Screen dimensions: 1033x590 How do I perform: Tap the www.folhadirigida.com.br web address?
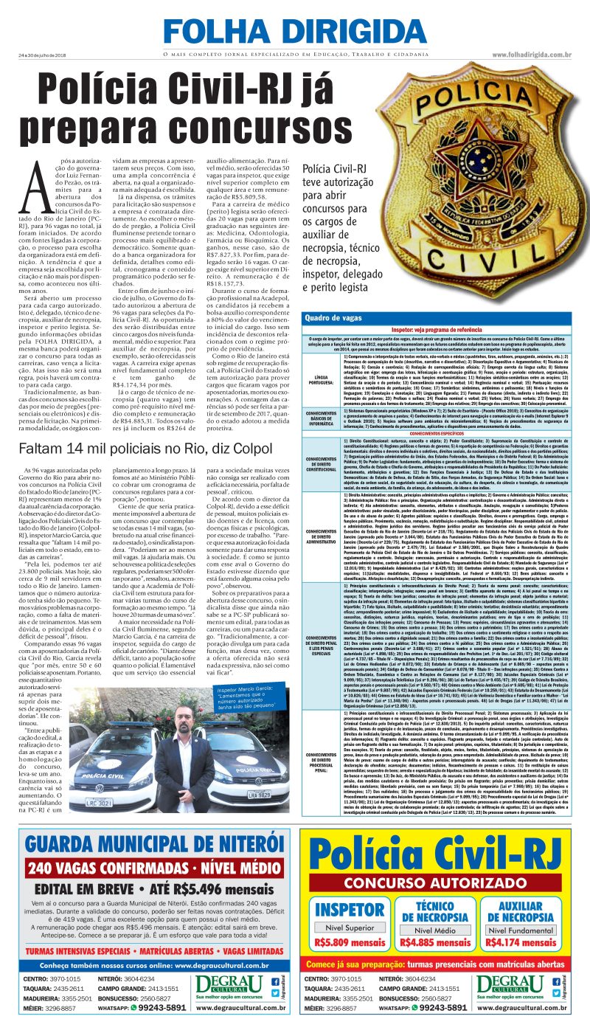click(532, 55)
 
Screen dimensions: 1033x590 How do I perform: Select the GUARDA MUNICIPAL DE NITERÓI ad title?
click(155, 845)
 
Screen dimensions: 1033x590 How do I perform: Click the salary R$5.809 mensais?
click(349, 942)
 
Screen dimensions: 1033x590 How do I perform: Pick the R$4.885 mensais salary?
click(436, 942)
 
